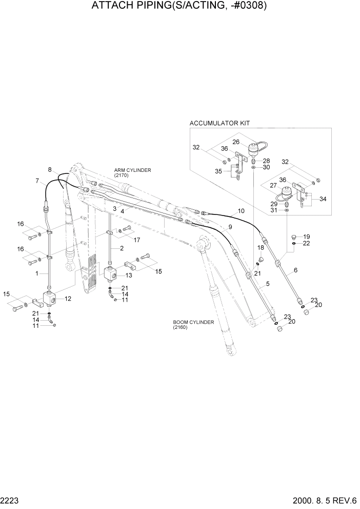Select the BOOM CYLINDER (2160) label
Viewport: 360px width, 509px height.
[x=193, y=324]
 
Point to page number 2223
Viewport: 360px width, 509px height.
[x=11, y=500]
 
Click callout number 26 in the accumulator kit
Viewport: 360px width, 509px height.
[x=236, y=143]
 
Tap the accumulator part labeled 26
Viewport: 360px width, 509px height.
[x=253, y=150]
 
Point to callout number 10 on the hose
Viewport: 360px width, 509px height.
[x=241, y=211]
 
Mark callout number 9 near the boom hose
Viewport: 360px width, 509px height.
[x=230, y=226]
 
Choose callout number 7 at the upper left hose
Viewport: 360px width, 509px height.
[x=37, y=181]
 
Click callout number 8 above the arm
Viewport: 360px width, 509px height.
[x=50, y=169]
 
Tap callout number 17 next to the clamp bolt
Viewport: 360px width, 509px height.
[x=136, y=240]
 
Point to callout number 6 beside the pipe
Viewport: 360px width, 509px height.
[x=295, y=270]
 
